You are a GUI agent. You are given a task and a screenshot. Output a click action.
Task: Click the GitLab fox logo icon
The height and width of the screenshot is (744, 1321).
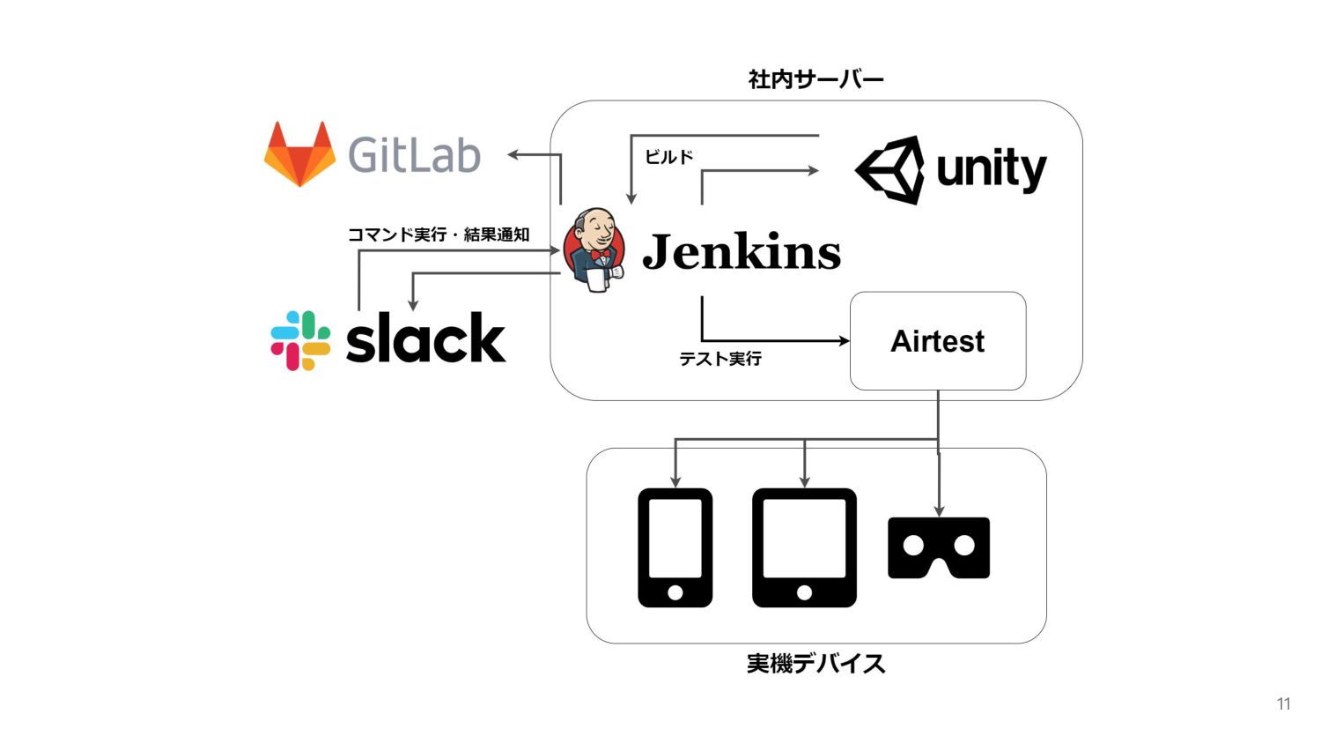(x=299, y=154)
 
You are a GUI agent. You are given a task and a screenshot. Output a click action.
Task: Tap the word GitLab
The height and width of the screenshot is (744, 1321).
(x=414, y=154)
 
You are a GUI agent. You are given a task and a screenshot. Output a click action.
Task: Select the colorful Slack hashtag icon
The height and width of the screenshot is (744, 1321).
(x=300, y=340)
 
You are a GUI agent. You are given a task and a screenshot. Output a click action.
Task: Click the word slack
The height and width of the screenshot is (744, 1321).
(x=425, y=337)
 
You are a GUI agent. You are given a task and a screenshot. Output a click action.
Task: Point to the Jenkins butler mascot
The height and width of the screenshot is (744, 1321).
(x=594, y=249)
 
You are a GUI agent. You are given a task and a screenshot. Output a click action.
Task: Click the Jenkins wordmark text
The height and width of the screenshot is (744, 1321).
(x=742, y=251)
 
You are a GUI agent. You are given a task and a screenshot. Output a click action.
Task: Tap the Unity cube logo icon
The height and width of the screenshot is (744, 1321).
(x=889, y=170)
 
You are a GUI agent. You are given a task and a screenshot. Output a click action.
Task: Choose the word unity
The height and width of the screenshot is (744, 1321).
(x=992, y=170)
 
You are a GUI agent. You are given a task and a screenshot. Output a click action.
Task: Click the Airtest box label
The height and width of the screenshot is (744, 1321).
(x=937, y=341)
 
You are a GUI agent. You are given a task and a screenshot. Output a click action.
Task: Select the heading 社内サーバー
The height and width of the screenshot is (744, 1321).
(x=816, y=79)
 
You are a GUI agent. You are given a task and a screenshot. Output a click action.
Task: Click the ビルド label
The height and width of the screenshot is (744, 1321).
(x=668, y=157)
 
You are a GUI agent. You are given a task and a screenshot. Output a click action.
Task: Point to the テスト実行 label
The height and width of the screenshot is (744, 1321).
(x=720, y=359)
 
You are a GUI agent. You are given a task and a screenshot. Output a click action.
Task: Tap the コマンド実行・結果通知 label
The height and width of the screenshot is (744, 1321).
(x=439, y=234)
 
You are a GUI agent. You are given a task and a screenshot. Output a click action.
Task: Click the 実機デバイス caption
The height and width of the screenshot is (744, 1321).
(x=816, y=664)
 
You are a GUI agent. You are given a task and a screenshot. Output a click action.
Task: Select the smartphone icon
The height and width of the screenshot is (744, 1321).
(x=675, y=547)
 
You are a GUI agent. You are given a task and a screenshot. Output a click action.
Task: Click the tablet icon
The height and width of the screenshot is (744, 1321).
(x=804, y=547)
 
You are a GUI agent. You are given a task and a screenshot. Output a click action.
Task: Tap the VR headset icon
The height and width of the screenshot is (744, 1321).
(x=939, y=548)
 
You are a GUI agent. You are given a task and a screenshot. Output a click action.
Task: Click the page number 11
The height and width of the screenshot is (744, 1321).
(x=1284, y=703)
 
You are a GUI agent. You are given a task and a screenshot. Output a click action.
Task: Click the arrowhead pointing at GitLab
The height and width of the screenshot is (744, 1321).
(x=513, y=154)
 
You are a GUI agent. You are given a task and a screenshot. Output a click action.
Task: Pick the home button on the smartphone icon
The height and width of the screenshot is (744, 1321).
(x=675, y=592)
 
